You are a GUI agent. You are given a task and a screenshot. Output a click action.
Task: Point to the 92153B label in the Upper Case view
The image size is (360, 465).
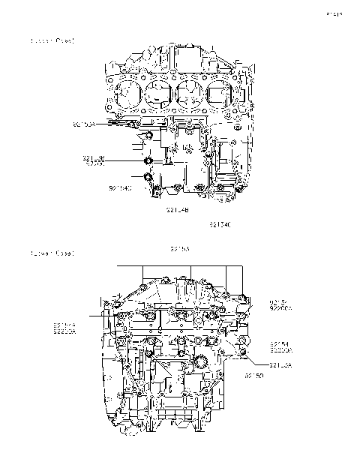(94, 158)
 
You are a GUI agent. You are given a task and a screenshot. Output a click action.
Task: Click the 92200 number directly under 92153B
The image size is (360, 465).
(94, 163)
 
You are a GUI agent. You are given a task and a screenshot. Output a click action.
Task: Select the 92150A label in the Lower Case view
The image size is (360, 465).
(280, 365)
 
